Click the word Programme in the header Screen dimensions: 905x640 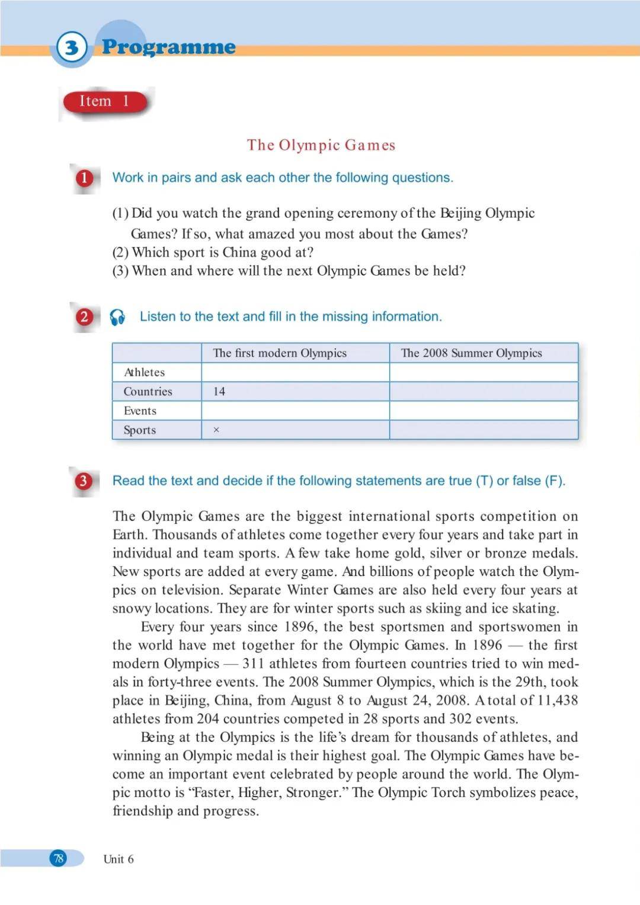pos(169,47)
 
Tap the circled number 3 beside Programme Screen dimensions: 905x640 pos(72,47)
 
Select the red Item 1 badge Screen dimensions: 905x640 pos(105,102)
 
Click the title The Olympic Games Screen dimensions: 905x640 pos(321,145)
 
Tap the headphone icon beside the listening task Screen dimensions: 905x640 pos(117,317)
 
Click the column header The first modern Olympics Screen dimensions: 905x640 pos(280,353)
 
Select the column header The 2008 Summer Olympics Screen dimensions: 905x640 pos(471,353)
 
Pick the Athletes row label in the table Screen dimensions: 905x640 pos(144,372)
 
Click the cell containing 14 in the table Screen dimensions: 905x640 pos(219,392)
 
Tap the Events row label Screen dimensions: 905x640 pos(140,411)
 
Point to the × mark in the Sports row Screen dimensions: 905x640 pos(216,430)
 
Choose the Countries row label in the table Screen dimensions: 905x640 pos(148,392)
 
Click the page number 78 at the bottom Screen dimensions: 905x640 pos(58,858)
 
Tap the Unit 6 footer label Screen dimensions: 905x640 pos(119,859)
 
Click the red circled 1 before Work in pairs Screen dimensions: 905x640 pos(84,178)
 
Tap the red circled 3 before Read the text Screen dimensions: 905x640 pos(83,481)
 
